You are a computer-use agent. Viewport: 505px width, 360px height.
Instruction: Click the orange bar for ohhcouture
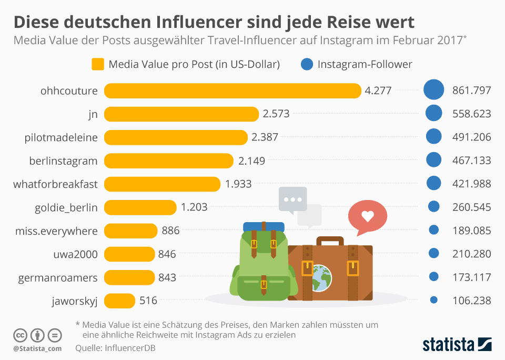tap(233, 91)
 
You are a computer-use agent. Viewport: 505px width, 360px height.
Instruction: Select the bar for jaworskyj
tap(120, 301)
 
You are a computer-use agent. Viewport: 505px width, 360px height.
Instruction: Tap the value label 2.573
tap(276, 114)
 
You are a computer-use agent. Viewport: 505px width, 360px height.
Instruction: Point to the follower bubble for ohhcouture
tap(434, 90)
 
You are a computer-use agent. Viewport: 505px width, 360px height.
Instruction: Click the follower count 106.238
tap(471, 301)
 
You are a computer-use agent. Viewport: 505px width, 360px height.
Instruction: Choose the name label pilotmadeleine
tap(61, 137)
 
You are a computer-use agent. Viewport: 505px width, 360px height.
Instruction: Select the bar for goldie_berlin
tap(140, 207)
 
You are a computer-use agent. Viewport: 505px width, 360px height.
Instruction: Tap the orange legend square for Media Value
tap(98, 65)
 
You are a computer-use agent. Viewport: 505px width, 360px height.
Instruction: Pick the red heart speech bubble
tap(367, 217)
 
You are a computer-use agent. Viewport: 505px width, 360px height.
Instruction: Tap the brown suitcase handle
tap(330, 241)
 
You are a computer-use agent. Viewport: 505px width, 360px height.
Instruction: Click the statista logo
tap(457, 345)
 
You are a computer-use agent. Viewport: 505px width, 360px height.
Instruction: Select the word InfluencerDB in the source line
tap(130, 348)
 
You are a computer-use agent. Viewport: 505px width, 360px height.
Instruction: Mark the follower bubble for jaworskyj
tap(434, 300)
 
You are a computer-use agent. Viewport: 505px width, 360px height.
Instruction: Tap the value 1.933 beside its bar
tap(238, 184)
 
